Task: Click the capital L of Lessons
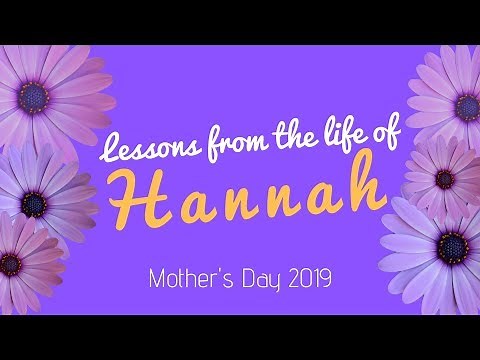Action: (x=113, y=151)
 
